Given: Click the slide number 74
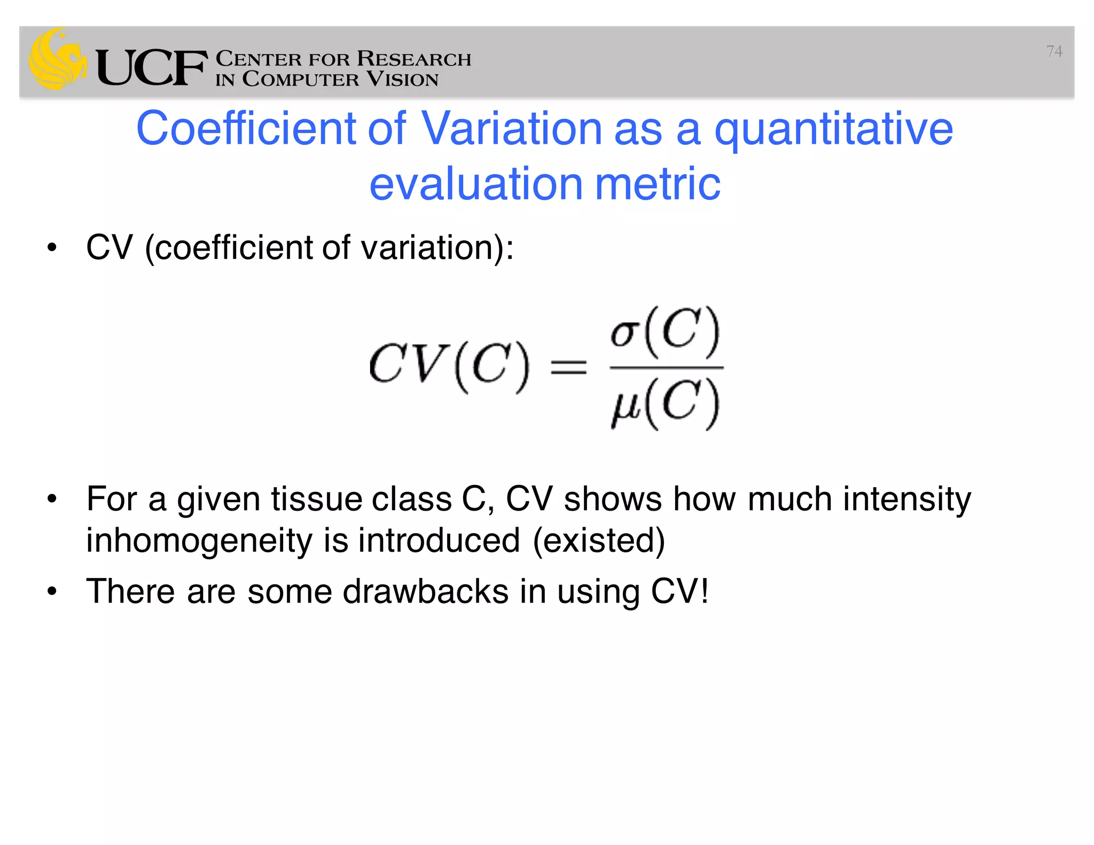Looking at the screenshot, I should [1054, 51].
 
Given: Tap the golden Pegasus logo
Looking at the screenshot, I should [58, 59].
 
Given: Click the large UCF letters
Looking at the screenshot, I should [151, 68].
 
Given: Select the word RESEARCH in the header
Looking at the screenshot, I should [414, 58].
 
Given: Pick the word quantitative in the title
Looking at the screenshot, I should [833, 129].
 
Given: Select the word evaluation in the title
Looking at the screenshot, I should [476, 184].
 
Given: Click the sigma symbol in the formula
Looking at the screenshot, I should [625, 333].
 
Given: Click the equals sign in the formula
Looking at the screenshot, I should [568, 367].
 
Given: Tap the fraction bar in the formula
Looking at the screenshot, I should [666, 367].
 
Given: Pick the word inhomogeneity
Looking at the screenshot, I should [199, 541].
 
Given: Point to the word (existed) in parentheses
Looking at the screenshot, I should [599, 541].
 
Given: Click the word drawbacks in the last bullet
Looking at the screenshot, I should [425, 592].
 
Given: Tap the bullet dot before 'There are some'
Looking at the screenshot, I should [52, 591].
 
